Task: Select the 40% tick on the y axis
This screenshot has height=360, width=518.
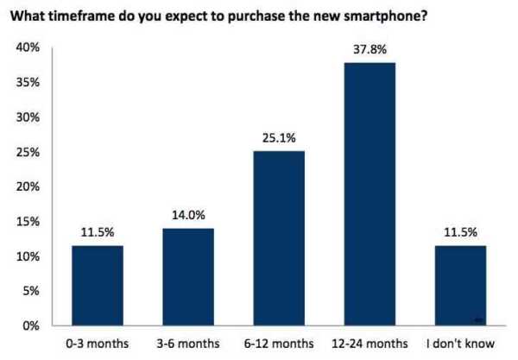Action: [x=28, y=47]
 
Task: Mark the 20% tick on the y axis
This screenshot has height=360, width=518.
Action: [x=28, y=186]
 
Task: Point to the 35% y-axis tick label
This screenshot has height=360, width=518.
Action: [x=28, y=82]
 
